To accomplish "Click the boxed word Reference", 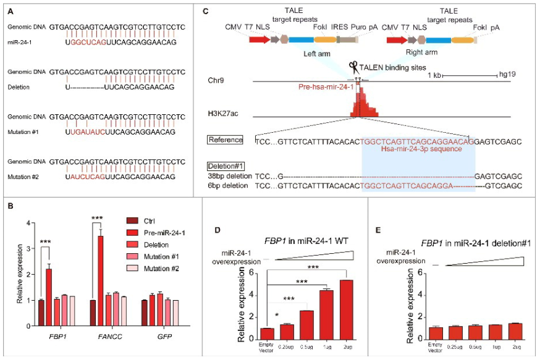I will pyautogui.click(x=225, y=140).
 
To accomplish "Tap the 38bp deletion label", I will pyautogui.click(x=227, y=176).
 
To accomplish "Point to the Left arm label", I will pyautogui.click(x=318, y=53).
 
